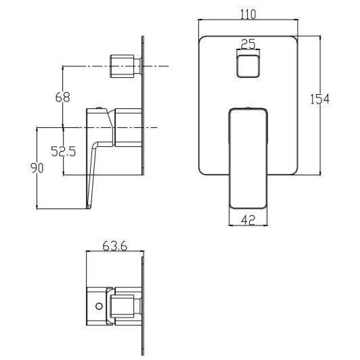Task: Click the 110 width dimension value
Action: coord(248,14)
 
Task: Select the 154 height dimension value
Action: coord(319,99)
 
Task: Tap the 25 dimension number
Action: coord(248,44)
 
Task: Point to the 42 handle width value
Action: coord(248,220)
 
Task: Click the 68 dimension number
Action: coord(62,97)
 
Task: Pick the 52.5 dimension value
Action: coord(63,152)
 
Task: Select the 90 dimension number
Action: coord(37,168)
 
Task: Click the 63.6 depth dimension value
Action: coord(115,246)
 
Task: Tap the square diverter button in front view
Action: coord(248,66)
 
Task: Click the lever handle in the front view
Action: coord(248,158)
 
